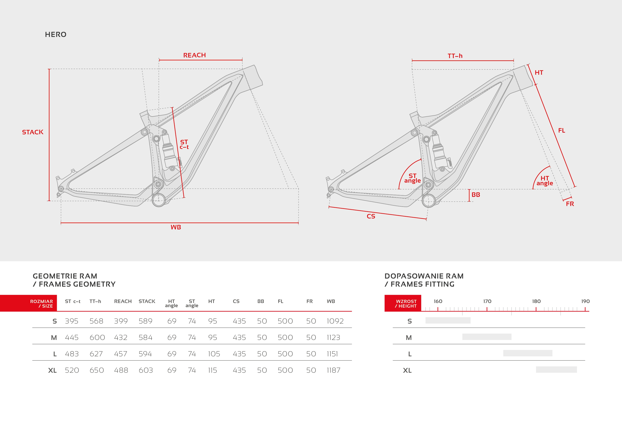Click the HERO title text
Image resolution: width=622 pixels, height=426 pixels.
[x=56, y=35]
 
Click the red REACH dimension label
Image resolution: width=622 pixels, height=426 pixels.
[x=195, y=55]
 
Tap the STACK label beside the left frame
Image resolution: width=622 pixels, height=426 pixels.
[x=33, y=132]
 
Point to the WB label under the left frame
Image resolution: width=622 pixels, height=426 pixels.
[x=176, y=227]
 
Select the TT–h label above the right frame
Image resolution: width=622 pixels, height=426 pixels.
[x=455, y=56]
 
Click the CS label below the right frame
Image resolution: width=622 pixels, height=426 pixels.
[x=371, y=216]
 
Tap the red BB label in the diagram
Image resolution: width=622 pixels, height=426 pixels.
[x=476, y=195]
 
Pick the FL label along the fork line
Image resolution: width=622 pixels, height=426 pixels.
[x=562, y=130]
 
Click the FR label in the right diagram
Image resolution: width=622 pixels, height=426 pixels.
[x=570, y=204]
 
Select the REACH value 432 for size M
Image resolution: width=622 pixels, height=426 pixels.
[x=121, y=338]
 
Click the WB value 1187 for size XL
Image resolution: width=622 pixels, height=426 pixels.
[x=333, y=370]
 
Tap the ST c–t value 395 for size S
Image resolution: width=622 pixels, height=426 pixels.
[x=72, y=321]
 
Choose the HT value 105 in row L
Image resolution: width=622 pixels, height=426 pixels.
[x=214, y=354]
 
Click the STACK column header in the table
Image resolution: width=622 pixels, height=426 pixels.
[x=147, y=301]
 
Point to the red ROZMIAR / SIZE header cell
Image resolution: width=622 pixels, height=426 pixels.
[x=28, y=303]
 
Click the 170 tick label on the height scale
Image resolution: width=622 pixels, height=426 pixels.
[x=487, y=301]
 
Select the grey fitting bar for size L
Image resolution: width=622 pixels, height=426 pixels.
[x=528, y=353]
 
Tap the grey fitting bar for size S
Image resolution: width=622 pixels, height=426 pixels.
[x=448, y=320]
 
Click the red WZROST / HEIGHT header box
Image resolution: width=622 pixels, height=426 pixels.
[x=403, y=303]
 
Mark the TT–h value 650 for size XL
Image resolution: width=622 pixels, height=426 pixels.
[x=97, y=370]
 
